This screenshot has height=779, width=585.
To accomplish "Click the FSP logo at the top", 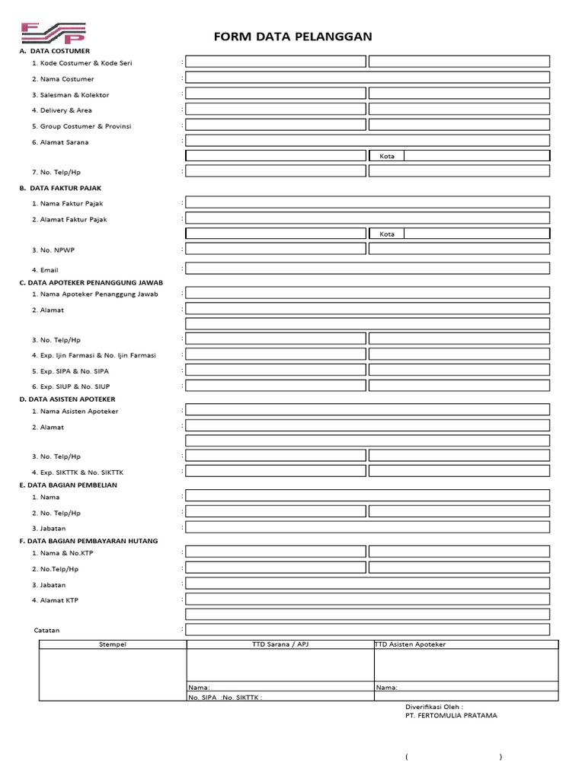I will coord(53,32).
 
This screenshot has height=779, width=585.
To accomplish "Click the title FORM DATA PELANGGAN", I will coord(292,38).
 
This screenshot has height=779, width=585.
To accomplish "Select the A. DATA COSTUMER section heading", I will coord(54,51).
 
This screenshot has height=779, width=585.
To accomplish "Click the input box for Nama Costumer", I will coord(367,78).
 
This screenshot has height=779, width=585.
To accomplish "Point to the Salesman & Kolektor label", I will coord(70,95).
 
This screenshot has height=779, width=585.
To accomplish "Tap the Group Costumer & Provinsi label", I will coord(81,126).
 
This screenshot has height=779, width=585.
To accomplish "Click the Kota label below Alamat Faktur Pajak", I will coord(387,234).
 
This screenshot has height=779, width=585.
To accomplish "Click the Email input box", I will coord(367,268).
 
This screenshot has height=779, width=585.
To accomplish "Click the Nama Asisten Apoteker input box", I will coord(367,409).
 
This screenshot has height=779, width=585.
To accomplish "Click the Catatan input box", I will coord(367,629).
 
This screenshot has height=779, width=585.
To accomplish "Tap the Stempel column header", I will coord(113,644).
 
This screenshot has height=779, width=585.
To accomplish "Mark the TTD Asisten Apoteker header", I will coord(411,644).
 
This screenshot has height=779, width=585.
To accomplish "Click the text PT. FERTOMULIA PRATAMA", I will coord(451,715).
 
